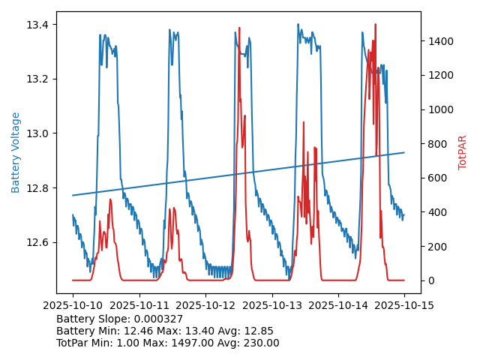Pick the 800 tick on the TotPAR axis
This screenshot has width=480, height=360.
click(x=437, y=144)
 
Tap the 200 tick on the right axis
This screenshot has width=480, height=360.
click(x=437, y=247)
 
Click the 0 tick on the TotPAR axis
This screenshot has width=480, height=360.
click(x=432, y=280)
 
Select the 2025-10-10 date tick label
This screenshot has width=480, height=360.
click(x=73, y=305)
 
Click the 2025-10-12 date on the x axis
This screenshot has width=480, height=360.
click(x=205, y=305)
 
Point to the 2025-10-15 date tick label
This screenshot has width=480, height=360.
click(x=404, y=305)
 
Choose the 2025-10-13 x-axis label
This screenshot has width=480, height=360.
click(x=271, y=305)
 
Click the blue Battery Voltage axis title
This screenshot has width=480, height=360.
click(x=16, y=152)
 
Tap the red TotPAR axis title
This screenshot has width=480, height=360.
click(x=463, y=152)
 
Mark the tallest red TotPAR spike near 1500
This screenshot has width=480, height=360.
click(x=375, y=25)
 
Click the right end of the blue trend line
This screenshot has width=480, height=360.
click(x=404, y=152)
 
